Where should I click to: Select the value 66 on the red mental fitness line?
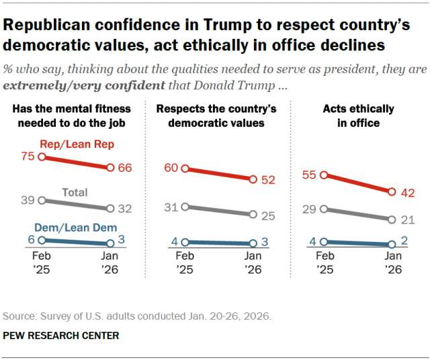click(x=125, y=168)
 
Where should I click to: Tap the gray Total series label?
click(x=75, y=193)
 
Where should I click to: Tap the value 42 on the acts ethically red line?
click(x=408, y=191)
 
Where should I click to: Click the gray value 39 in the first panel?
click(x=28, y=200)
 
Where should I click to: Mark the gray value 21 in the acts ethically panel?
click(x=408, y=220)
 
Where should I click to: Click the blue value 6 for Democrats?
click(x=32, y=240)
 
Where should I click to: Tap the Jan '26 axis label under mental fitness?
click(x=111, y=262)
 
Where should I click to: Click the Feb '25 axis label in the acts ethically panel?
click(x=325, y=262)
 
